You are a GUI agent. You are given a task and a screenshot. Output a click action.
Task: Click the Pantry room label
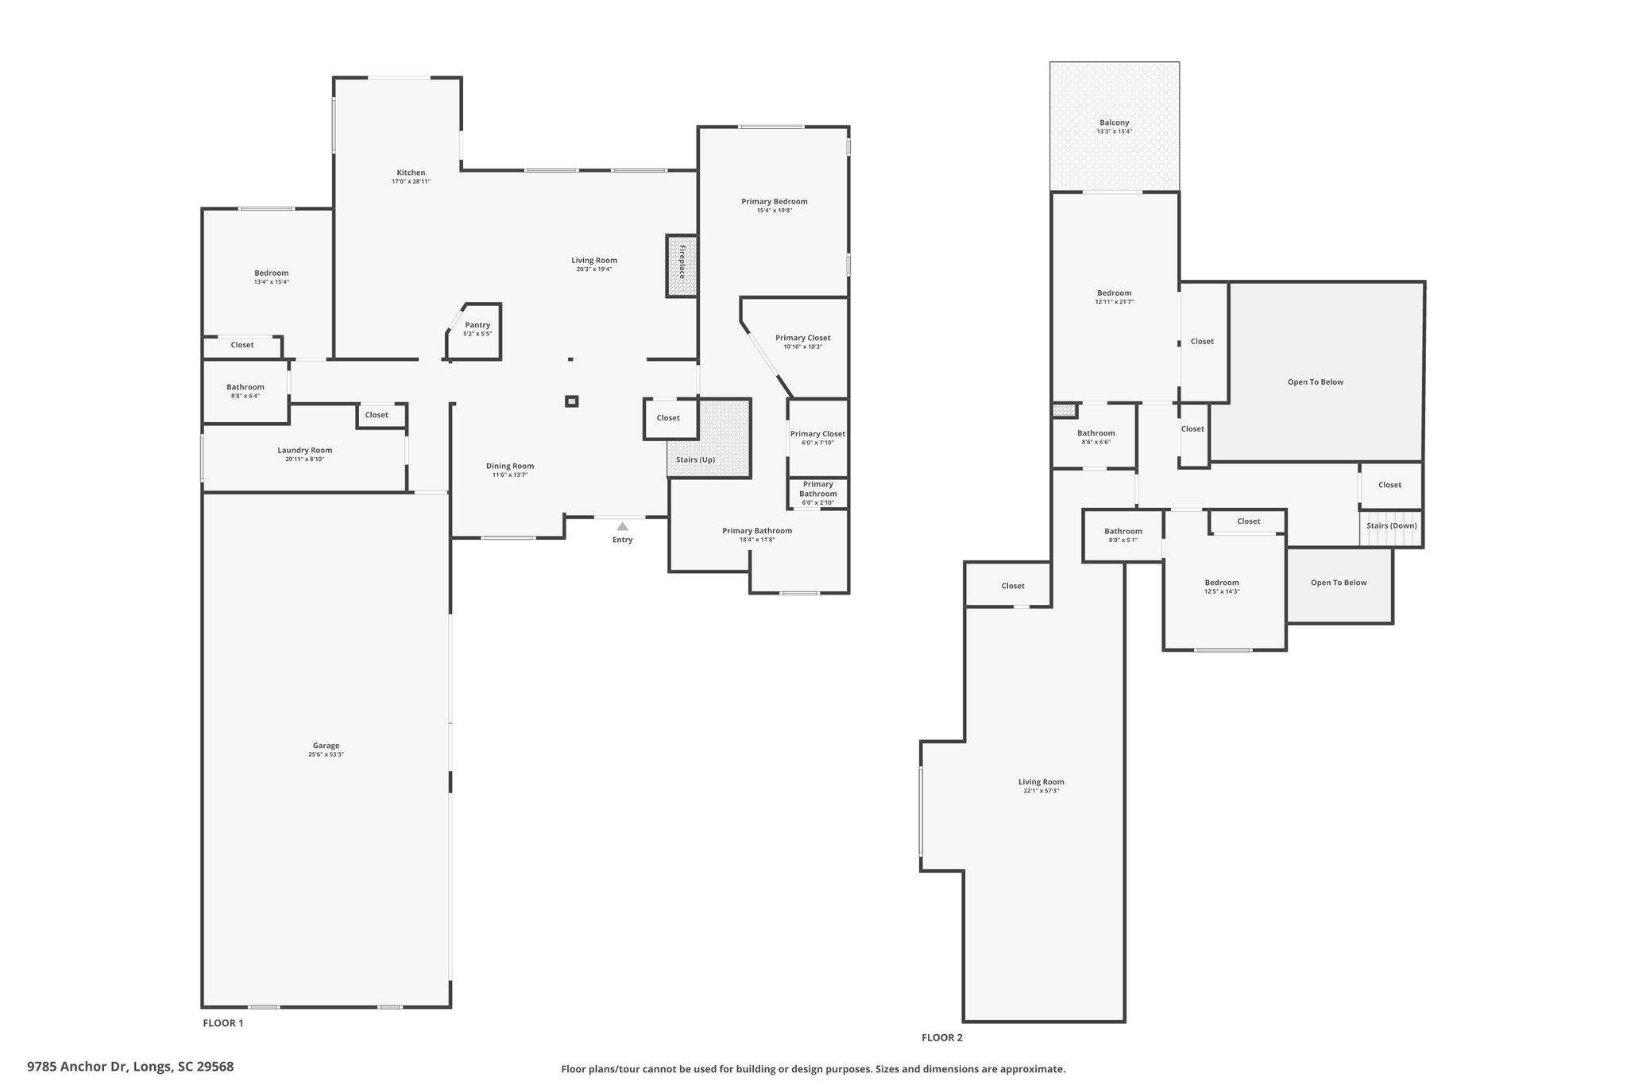pyautogui.click(x=477, y=325)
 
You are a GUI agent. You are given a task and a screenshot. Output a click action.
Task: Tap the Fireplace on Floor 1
pyautogui.click(x=682, y=266)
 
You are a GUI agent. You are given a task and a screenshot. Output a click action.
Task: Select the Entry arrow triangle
pyautogui.click(x=623, y=526)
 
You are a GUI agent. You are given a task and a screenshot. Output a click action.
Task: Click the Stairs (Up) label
pyautogui.click(x=695, y=460)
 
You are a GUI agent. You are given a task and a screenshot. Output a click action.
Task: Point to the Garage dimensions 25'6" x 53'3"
pyautogui.click(x=326, y=754)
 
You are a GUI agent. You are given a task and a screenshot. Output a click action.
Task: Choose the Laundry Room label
pyautogui.click(x=305, y=451)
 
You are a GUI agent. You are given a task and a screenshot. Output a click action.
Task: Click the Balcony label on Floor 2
pyautogui.click(x=1114, y=123)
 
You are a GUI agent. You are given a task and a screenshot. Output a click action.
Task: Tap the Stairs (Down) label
pyautogui.click(x=1392, y=526)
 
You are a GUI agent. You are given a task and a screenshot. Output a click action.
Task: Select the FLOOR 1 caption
pyautogui.click(x=223, y=1023)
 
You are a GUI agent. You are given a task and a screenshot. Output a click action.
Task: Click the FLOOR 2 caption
pyautogui.click(x=942, y=1037)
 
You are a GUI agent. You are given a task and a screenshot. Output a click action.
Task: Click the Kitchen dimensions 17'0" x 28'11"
pyautogui.click(x=411, y=181)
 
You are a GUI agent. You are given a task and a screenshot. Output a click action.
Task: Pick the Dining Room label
pyautogui.click(x=510, y=467)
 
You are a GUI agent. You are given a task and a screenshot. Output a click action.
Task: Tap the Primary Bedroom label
pyautogui.click(x=775, y=202)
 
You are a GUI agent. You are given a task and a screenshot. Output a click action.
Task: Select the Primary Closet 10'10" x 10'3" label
pyautogui.click(x=803, y=342)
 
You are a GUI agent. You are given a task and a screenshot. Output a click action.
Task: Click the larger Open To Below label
pyautogui.click(x=1316, y=382)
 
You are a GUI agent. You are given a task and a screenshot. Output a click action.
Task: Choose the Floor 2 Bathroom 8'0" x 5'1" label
pyautogui.click(x=1123, y=535)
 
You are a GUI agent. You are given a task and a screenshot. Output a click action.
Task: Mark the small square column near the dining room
pyautogui.click(x=572, y=401)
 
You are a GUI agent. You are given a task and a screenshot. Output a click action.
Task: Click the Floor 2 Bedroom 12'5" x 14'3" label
pyautogui.click(x=1222, y=587)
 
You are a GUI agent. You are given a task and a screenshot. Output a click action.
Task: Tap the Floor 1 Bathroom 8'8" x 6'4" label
pyautogui.click(x=245, y=391)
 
